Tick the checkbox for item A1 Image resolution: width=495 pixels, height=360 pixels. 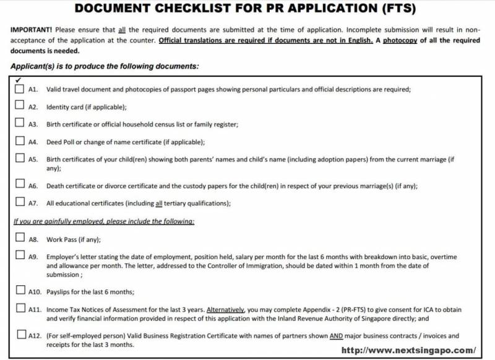tap(20, 89)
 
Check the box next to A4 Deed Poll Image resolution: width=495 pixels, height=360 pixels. tap(20, 142)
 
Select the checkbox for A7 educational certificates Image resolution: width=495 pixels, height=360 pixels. tap(20, 202)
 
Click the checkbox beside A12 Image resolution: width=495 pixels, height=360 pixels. tap(20, 335)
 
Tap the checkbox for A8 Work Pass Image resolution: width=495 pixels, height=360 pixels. tap(20, 238)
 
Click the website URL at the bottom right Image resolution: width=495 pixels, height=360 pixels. tap(409, 350)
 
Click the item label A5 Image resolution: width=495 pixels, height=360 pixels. tap(34, 160)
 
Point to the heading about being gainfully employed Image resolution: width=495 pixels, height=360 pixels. tap(104, 221)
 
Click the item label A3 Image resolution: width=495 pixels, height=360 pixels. tap(34, 124)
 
